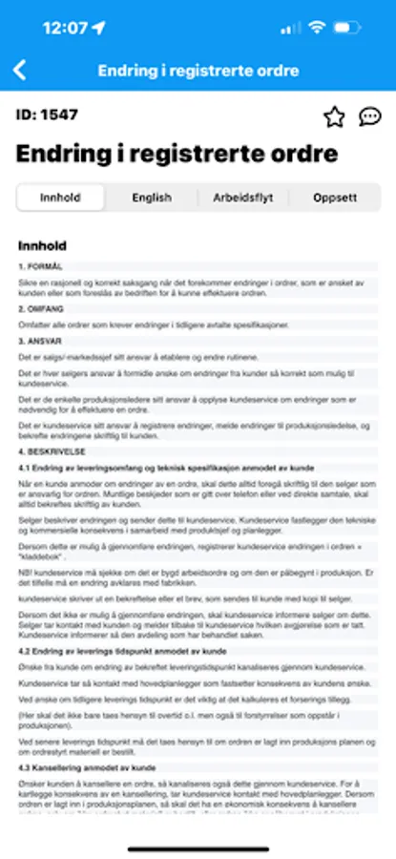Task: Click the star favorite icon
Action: (x=333, y=116)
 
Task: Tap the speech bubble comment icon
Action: (x=369, y=116)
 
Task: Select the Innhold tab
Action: (x=59, y=198)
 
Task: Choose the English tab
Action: (x=152, y=198)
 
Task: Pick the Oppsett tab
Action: (x=335, y=198)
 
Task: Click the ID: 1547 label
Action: (x=48, y=115)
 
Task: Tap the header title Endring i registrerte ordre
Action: (x=198, y=71)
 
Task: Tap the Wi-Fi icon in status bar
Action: (x=317, y=27)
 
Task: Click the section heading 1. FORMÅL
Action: (x=41, y=266)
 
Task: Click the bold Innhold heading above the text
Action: (x=42, y=245)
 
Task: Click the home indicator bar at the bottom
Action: (x=198, y=847)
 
